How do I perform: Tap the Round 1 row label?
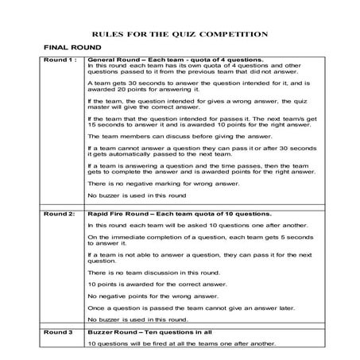[60, 60]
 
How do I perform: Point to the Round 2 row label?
[60, 215]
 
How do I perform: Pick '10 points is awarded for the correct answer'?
[157, 285]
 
